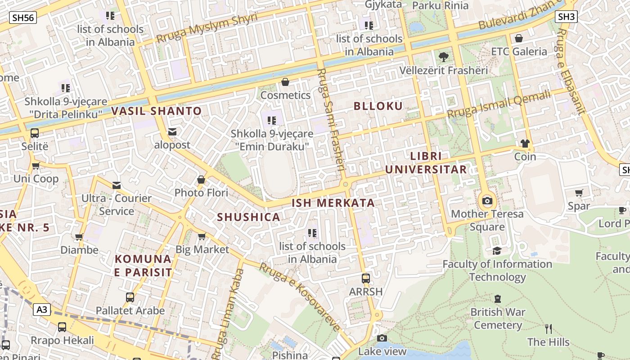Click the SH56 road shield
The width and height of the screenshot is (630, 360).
[22, 18]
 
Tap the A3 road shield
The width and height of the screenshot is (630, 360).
[41, 310]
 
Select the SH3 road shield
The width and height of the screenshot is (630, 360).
[566, 17]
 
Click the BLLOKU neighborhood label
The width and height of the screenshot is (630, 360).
[378, 106]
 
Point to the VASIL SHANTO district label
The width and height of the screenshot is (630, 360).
[156, 111]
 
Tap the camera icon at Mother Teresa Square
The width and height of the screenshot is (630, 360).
[487, 201]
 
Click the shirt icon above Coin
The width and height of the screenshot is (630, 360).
[525, 144]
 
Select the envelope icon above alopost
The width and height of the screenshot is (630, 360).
[172, 132]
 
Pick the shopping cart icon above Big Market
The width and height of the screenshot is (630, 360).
[202, 236]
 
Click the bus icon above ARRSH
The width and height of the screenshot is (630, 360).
[366, 279]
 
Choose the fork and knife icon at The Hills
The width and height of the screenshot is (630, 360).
[548, 329]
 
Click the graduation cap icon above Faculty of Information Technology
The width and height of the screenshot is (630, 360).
[497, 251]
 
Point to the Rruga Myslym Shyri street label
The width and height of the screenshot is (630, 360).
[207, 28]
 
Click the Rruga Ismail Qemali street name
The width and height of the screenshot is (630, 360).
[499, 104]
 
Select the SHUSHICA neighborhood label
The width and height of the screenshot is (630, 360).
[248, 217]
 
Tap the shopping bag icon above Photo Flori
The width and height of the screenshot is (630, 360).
[201, 180]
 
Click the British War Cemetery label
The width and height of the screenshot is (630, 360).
[498, 318]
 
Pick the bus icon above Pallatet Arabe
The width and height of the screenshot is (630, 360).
[130, 297]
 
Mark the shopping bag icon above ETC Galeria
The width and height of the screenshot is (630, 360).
[519, 38]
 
